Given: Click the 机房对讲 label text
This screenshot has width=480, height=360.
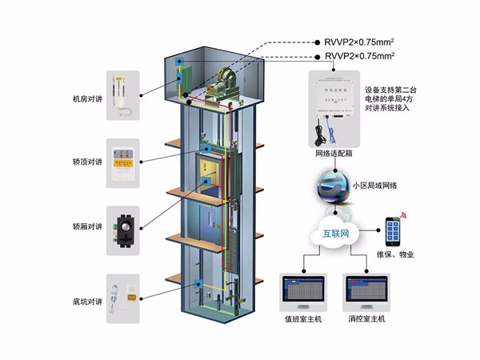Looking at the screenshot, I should click(87, 98).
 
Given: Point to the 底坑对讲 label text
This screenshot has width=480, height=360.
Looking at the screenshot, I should click(87, 302).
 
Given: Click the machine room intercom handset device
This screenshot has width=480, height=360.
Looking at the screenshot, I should click(122, 94).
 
